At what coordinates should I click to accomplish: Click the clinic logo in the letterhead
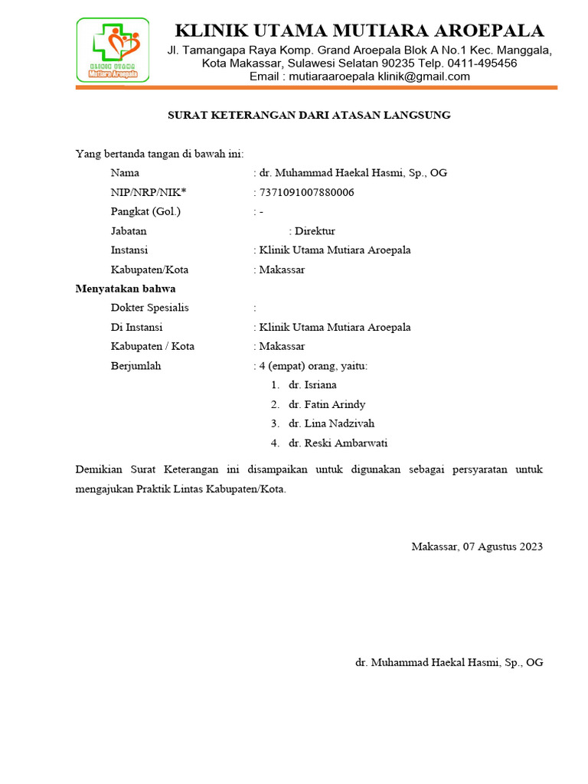click(x=113, y=50)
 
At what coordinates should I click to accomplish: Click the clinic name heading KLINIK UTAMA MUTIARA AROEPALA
click(x=359, y=31)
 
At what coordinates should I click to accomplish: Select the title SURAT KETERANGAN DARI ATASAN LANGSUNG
click(x=309, y=116)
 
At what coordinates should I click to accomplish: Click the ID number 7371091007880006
click(x=306, y=192)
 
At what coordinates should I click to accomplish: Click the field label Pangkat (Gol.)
click(x=146, y=211)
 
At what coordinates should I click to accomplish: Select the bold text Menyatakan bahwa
click(x=126, y=289)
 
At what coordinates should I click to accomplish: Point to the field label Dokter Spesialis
click(x=150, y=308)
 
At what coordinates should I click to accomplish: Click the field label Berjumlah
click(x=136, y=366)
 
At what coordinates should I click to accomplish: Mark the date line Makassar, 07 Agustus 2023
click(x=477, y=547)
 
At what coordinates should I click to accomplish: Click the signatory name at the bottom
click(x=449, y=662)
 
